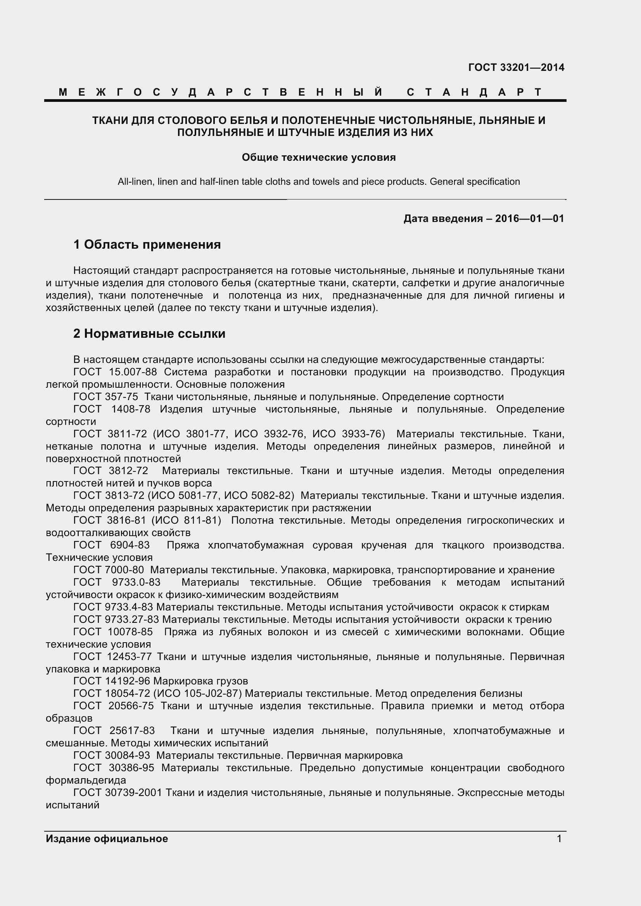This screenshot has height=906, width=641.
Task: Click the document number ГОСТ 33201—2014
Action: tap(516, 67)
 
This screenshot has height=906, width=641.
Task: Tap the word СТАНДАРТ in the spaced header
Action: tap(474, 92)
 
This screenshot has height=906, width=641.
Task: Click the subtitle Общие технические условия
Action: tap(318, 157)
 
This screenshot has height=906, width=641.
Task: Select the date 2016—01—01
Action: tap(529, 218)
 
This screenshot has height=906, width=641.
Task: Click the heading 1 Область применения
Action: tap(147, 245)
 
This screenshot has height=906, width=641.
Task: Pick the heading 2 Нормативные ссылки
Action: tap(149, 334)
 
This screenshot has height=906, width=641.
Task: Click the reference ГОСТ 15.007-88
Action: tap(115, 372)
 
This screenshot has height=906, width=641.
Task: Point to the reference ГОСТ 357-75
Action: tap(105, 397)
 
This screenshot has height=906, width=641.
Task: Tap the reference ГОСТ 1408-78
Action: tap(112, 409)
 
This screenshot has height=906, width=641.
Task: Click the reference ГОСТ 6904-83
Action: tap(112, 545)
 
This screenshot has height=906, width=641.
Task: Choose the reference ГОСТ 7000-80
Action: tap(109, 570)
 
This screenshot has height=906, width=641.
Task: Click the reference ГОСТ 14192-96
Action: tap(112, 681)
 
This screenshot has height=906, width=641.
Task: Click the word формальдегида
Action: tap(86, 781)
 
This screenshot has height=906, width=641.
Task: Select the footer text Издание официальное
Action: tap(107, 839)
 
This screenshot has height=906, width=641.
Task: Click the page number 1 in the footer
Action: tap(559, 839)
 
